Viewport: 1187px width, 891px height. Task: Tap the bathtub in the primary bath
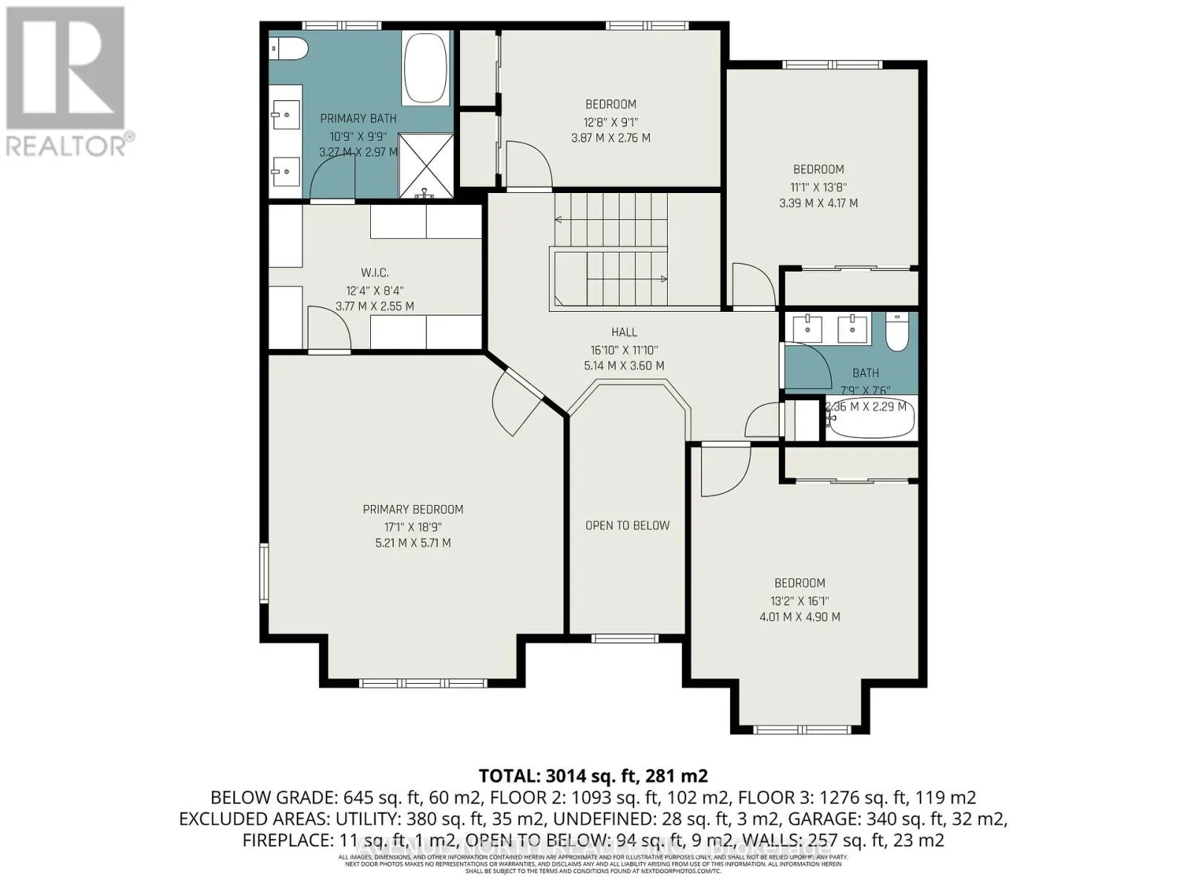pyautogui.click(x=425, y=68)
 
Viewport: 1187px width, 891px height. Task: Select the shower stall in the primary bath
pyautogui.click(x=425, y=165)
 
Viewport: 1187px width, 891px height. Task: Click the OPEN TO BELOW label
pyautogui.click(x=627, y=526)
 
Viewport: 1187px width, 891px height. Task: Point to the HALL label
pyautogui.click(x=624, y=333)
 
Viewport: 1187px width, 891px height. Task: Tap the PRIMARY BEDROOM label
pyautogui.click(x=412, y=509)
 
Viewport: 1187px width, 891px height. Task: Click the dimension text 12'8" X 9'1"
pyautogui.click(x=611, y=122)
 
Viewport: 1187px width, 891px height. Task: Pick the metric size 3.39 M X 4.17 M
pyautogui.click(x=818, y=203)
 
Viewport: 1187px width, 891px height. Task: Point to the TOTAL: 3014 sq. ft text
pyautogui.click(x=593, y=776)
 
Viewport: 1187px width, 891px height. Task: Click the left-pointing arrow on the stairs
pyautogui.click(x=558, y=219)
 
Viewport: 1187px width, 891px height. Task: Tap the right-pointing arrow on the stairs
pyautogui.click(x=662, y=279)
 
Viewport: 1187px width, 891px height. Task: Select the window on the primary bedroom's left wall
pyautogui.click(x=263, y=572)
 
